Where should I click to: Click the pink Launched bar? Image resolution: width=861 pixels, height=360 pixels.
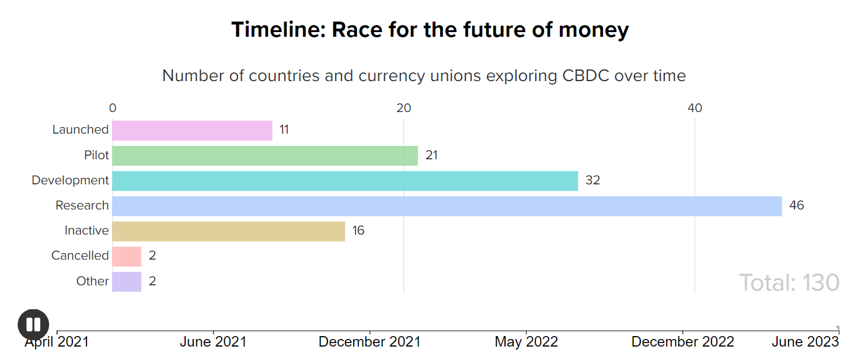click(192, 130)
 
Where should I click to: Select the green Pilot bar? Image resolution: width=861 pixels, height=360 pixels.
click(265, 155)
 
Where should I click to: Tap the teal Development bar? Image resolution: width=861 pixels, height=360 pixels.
click(345, 180)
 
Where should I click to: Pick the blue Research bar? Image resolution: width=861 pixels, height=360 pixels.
click(447, 205)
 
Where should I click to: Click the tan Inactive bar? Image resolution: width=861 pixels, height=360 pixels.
click(228, 230)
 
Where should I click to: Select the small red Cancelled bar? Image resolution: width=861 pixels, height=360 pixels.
click(127, 256)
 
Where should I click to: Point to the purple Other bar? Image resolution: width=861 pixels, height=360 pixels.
click(127, 281)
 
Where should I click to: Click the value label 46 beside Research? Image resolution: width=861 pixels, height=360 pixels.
click(796, 205)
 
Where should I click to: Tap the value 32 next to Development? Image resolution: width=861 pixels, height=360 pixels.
click(592, 180)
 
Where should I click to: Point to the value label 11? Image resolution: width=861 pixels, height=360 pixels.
click(284, 130)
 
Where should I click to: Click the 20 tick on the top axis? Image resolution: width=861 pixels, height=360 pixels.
click(403, 108)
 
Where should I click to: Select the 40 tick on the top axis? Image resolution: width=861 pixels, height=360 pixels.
click(695, 108)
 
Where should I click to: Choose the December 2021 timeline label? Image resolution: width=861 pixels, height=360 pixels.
click(370, 342)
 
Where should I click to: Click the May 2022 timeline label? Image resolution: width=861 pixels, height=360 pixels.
click(526, 342)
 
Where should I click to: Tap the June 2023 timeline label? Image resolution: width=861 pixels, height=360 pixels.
click(805, 342)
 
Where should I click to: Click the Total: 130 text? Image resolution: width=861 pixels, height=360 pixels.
click(789, 282)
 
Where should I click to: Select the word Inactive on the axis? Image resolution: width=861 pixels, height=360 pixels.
click(86, 230)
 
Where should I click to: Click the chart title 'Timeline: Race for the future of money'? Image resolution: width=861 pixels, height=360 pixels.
click(430, 30)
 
